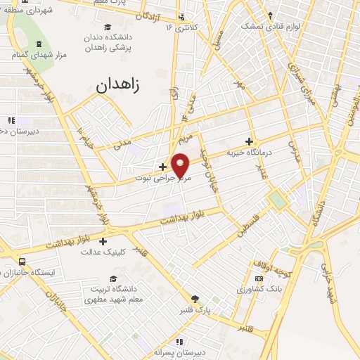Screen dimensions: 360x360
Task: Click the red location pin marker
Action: [x=181, y=165]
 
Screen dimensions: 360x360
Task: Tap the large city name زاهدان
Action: [x=117, y=86]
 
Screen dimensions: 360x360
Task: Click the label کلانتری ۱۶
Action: [x=178, y=27]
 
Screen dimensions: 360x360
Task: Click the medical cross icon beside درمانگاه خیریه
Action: [x=248, y=141]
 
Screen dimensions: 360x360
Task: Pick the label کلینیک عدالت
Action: [x=123, y=251]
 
